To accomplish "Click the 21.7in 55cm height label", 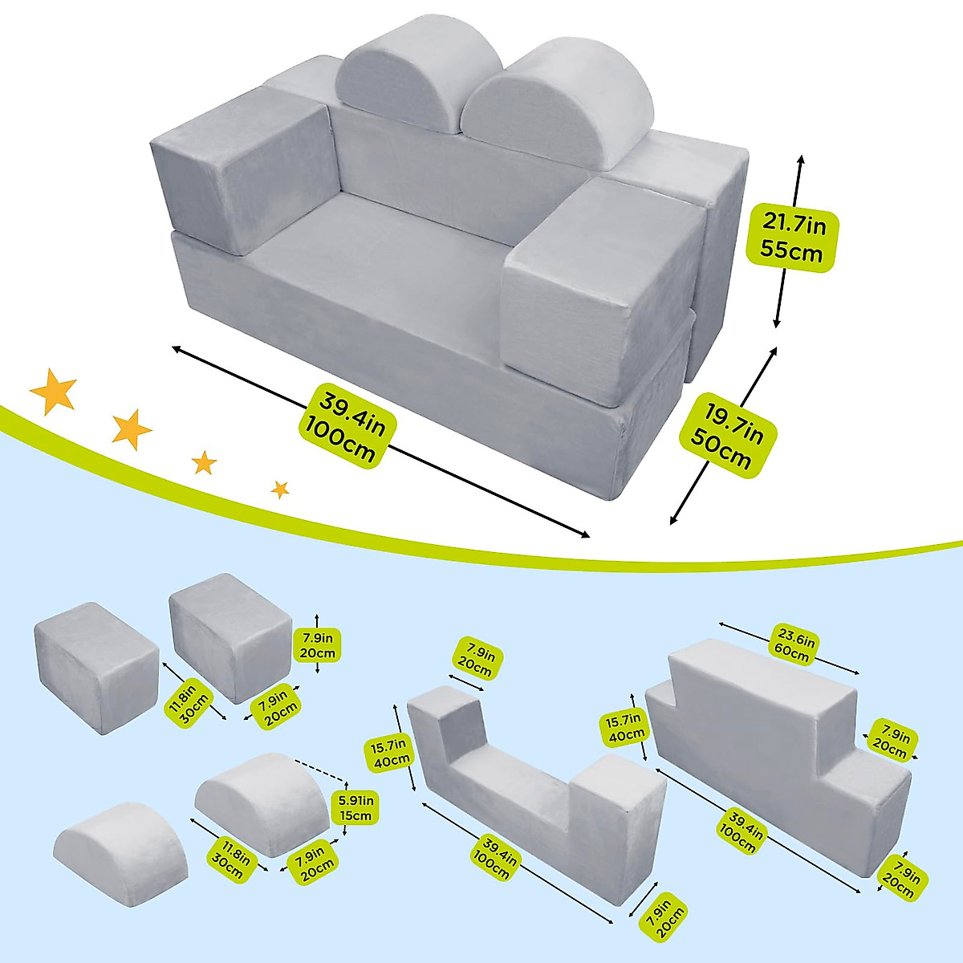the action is coord(791,237).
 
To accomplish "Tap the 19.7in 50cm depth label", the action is coord(727,431).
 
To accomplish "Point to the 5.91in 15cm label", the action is coord(356,808).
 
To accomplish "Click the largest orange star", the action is coord(53,391).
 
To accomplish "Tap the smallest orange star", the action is coord(280,490).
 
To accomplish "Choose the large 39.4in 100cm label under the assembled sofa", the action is coord(347,425).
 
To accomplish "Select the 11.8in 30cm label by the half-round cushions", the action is coord(230,859).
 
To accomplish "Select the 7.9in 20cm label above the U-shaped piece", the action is coord(476,661).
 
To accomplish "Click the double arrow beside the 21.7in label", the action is coord(788,242).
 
